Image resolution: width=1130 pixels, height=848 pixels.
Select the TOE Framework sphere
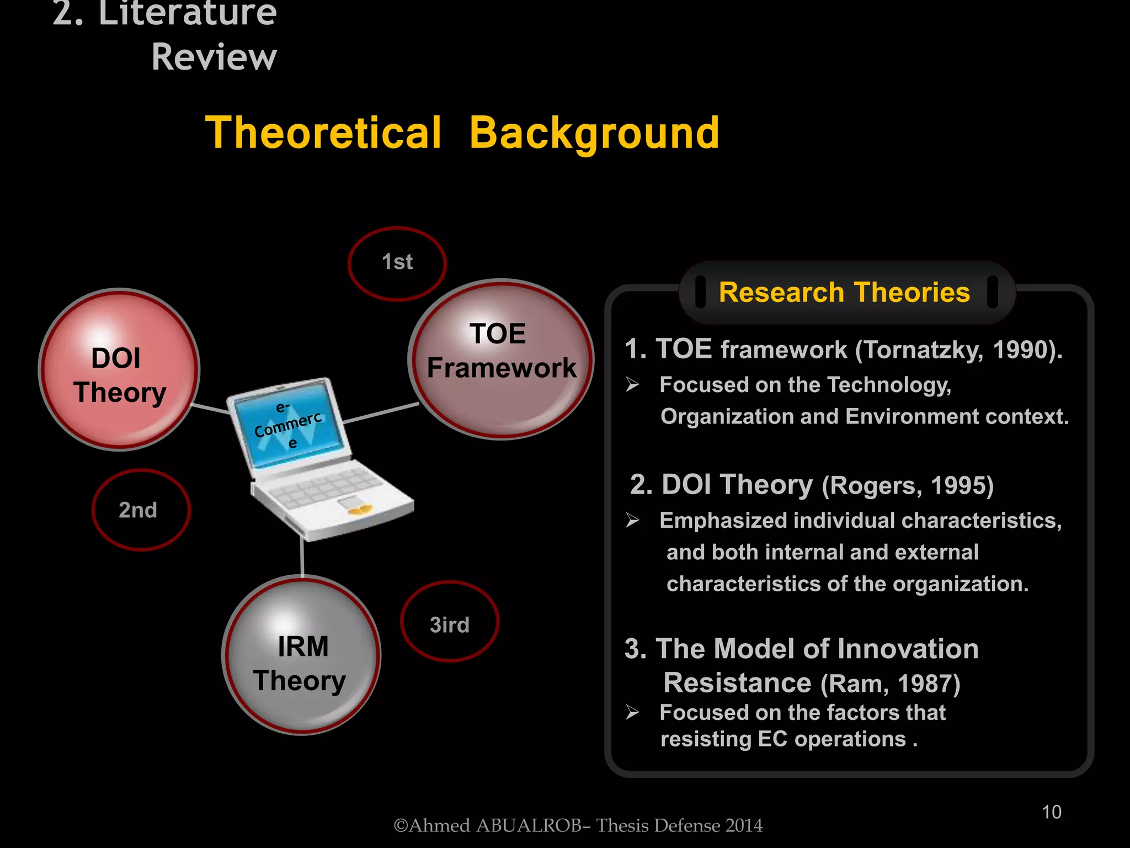500,359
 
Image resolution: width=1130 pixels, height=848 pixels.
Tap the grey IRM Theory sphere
301,655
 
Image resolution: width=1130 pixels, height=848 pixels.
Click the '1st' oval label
397,263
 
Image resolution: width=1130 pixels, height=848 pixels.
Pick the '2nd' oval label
140,510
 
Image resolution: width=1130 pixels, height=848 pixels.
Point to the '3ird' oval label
449,622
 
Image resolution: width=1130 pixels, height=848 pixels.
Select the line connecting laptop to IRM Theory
302,558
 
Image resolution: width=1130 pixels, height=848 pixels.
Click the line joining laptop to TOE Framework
381,413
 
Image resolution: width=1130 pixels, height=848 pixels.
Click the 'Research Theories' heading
844,293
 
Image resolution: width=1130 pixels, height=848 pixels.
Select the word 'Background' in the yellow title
594,133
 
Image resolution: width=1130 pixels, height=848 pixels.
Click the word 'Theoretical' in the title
323,133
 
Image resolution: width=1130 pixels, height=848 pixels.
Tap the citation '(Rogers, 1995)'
908,486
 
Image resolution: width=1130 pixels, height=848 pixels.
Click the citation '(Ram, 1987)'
890,683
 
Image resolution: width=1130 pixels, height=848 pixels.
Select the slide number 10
1051,812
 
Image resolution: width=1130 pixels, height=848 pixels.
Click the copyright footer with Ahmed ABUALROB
578,825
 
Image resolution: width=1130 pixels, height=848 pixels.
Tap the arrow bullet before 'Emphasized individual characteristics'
632,520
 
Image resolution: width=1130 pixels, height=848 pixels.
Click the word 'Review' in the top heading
214,57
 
